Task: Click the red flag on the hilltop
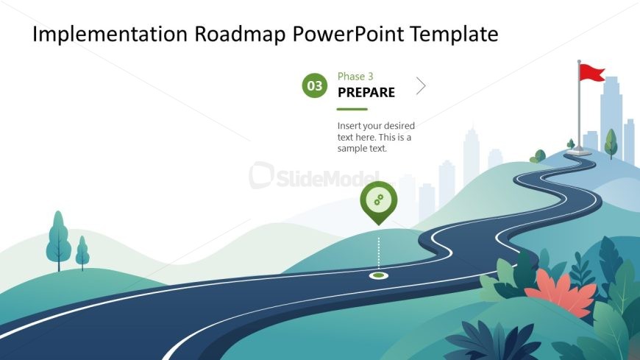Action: (591, 72)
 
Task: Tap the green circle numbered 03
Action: (314, 85)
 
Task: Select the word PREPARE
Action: (366, 92)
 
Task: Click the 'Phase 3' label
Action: (355, 77)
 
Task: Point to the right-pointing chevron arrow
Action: (421, 86)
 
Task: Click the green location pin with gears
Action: (378, 202)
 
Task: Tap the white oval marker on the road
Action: (379, 276)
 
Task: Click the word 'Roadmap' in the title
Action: (240, 34)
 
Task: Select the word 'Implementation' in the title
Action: (110, 34)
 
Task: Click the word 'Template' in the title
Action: (454, 34)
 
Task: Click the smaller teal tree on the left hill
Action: (82, 253)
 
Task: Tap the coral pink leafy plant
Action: (561, 294)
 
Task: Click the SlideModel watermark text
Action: (314, 177)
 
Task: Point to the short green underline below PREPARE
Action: (352, 109)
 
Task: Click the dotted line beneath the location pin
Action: (379, 253)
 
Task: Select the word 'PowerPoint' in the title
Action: (348, 34)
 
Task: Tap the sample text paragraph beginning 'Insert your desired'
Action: (376, 137)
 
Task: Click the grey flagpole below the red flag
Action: (579, 110)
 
